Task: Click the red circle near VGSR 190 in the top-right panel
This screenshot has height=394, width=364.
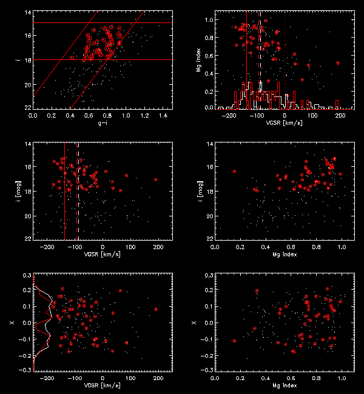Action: pyautogui.click(x=337, y=63)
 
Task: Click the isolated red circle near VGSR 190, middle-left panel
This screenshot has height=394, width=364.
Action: pyautogui.click(x=156, y=179)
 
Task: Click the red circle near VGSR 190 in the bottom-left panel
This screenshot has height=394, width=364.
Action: pyautogui.click(x=156, y=309)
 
